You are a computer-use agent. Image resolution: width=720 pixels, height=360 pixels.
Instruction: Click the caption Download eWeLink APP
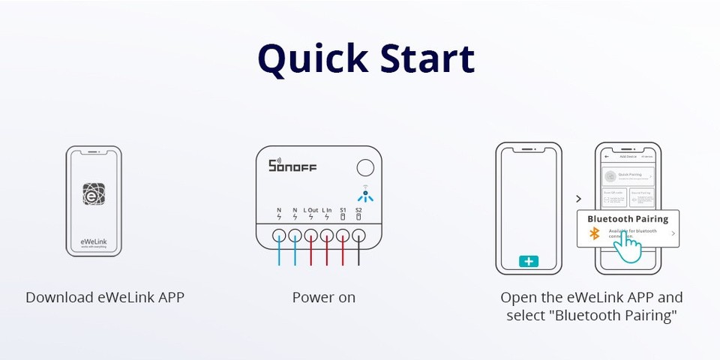tap(105, 297)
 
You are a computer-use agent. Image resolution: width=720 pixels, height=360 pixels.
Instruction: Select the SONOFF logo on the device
tap(292, 166)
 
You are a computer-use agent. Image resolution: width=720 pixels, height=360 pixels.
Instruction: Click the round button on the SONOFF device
tap(365, 168)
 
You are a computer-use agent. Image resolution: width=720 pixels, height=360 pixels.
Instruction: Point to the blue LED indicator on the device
tap(365, 197)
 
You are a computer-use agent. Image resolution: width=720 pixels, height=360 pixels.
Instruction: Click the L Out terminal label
tap(311, 211)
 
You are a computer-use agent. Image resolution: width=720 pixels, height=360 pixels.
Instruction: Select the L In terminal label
tap(327, 211)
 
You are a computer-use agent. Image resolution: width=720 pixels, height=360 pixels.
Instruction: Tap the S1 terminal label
tap(343, 211)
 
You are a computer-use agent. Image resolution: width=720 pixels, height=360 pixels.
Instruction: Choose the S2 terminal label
tap(358, 211)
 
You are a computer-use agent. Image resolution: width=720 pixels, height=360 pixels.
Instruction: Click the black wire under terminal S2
tap(359, 251)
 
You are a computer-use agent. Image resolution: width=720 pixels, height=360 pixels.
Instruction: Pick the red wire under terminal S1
tap(343, 251)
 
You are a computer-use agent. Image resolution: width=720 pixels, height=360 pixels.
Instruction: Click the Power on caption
tap(324, 297)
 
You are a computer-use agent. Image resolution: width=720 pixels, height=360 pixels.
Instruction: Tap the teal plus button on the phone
tap(529, 262)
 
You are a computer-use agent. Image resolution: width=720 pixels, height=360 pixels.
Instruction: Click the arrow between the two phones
tap(577, 199)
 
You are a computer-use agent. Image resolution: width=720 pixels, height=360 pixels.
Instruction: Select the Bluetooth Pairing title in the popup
tap(627, 219)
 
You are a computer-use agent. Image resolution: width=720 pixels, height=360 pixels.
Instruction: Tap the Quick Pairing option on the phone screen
tap(630, 176)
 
